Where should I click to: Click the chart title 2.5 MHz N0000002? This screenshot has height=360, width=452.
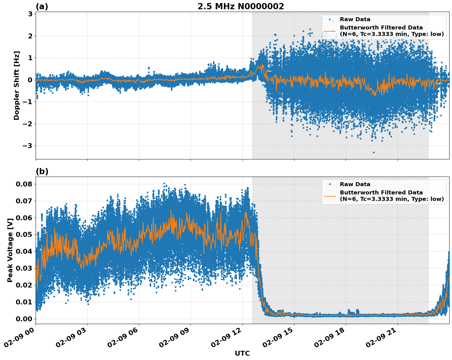pos(241,6)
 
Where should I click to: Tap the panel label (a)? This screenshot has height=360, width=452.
pos(42,6)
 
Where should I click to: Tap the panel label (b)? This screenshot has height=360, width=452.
pos(42,171)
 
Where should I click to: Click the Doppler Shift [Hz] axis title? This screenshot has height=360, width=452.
pos(17,85)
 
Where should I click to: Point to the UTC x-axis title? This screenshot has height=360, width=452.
pos(242,353)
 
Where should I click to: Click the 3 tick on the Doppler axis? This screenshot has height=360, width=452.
pos(30,14)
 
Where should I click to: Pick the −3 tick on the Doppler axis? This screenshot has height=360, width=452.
pos(28,146)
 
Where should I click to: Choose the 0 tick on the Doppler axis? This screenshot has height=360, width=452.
pos(30,80)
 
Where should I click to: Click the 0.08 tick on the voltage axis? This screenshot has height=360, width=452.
pos(24,184)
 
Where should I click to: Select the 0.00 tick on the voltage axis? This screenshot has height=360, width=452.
pos(24,319)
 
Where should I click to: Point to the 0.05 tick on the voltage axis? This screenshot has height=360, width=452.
pos(24,235)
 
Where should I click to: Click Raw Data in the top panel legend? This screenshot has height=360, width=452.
pos(355,19)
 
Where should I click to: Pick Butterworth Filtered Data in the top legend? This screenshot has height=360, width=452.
pos(381,28)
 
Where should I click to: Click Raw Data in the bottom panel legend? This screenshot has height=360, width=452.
pos(355,184)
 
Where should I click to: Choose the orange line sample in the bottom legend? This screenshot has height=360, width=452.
pos(329,196)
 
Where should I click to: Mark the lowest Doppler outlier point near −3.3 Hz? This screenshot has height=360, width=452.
pos(374,152)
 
